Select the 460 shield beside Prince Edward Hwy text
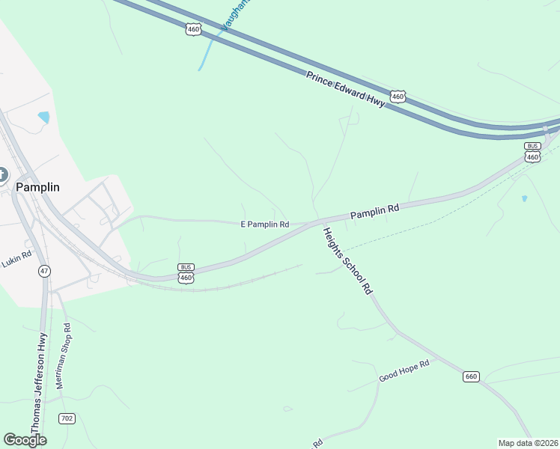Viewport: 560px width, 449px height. (x=398, y=97)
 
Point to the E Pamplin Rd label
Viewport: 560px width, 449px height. (x=264, y=224)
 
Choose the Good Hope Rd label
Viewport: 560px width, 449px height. (x=404, y=370)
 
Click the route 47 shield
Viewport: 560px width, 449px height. (x=44, y=271)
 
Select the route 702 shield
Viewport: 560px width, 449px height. (x=67, y=418)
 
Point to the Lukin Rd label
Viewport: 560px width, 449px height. (x=16, y=255)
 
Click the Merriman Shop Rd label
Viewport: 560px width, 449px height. (x=62, y=355)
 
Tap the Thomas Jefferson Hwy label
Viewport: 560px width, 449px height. (x=37, y=383)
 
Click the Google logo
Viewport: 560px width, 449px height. (x=25, y=440)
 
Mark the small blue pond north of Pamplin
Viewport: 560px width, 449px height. (x=43, y=117)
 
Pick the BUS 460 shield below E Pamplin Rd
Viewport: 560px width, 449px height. (x=186, y=273)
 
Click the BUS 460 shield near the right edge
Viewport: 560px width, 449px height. (x=532, y=152)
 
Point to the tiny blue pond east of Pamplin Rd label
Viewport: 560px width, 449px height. (x=524, y=198)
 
